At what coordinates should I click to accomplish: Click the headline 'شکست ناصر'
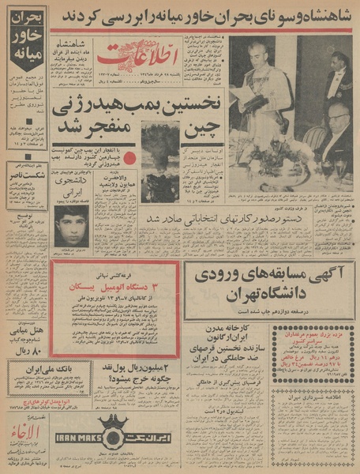point(28,177)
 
